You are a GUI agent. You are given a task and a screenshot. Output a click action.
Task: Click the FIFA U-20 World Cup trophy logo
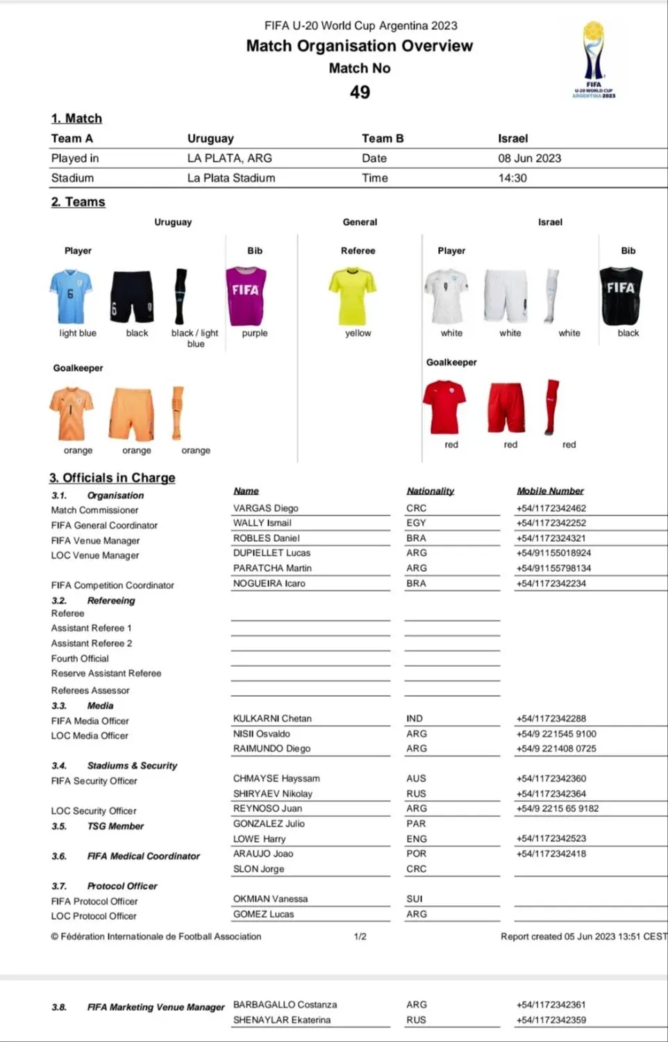(594, 60)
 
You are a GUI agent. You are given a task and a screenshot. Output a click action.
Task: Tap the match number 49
(360, 92)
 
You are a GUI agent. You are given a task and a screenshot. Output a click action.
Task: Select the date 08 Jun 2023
(529, 158)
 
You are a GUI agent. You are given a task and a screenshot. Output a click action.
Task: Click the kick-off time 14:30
(512, 178)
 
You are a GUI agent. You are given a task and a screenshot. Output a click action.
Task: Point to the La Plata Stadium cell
(231, 178)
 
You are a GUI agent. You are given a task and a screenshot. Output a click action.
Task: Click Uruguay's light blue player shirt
(70, 297)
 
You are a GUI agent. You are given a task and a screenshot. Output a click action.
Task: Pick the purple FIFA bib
(246, 297)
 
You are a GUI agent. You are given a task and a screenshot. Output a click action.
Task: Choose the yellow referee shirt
(352, 297)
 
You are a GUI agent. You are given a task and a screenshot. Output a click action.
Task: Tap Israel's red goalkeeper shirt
(444, 406)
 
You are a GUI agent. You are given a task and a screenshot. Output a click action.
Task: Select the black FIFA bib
(621, 296)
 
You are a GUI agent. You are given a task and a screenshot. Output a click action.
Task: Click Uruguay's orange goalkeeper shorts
(131, 414)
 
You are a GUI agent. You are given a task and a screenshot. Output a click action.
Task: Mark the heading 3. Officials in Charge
(112, 478)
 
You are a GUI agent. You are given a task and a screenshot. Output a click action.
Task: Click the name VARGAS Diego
(266, 508)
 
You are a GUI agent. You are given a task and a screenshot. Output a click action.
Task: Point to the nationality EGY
(416, 523)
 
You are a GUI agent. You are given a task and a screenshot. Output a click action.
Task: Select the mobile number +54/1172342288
(551, 718)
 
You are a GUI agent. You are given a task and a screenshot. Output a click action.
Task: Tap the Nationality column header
(431, 491)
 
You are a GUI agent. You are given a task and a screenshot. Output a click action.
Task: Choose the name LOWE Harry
(260, 838)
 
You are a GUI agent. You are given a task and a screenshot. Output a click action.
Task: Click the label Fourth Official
(80, 659)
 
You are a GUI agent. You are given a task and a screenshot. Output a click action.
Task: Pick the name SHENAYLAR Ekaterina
(282, 1020)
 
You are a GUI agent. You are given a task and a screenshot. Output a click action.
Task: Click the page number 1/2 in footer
(360, 936)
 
